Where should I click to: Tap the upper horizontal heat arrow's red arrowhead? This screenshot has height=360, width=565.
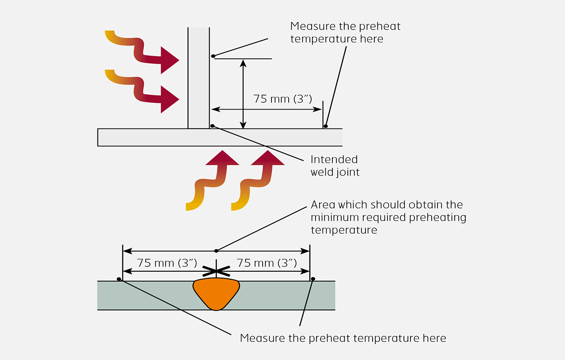[169, 60]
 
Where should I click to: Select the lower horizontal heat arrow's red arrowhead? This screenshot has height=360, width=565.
[169, 99]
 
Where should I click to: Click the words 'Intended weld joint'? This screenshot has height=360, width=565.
[335, 166]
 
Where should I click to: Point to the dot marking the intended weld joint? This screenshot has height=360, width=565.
[212, 126]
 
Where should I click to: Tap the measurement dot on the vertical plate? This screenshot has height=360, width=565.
[213, 56]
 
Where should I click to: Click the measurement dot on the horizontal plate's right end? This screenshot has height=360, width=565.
[326, 126]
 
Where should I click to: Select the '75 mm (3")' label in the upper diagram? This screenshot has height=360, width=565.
[282, 99]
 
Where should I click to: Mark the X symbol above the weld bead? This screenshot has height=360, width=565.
[216, 270]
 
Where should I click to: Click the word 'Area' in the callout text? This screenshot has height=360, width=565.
[322, 205]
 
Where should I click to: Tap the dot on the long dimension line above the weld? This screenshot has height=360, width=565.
[216, 251]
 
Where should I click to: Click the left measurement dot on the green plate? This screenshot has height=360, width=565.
[119, 279]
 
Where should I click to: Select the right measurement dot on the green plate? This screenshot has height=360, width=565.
[313, 279]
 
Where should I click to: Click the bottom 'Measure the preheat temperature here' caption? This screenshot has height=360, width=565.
[343, 338]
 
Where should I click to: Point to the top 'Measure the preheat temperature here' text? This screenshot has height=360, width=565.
[345, 32]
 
